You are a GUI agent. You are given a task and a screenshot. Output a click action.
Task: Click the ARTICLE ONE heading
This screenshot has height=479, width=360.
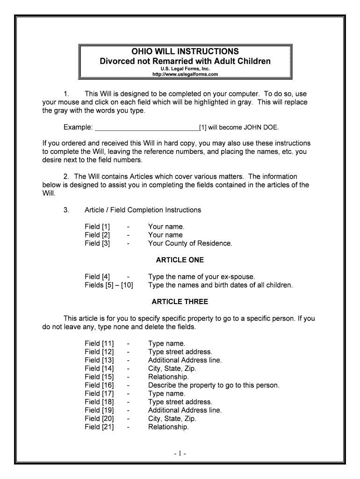pos(180,260)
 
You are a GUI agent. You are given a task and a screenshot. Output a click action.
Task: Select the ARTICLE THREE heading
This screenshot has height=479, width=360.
pos(180,301)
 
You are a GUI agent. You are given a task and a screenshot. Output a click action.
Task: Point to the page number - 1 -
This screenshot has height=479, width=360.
pos(180,454)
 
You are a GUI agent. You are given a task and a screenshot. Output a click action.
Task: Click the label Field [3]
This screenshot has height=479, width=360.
pos(97,243)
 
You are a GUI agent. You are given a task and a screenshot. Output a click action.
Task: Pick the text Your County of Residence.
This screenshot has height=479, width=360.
pos(190,243)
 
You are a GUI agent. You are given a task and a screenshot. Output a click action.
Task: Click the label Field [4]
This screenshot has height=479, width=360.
pos(97,276)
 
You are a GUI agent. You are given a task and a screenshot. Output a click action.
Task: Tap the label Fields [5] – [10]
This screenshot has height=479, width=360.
pos(108,285)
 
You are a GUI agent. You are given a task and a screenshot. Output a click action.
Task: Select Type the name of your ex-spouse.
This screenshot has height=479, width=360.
pos(202,276)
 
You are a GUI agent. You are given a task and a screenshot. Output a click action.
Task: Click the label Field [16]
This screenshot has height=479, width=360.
pos(99,385)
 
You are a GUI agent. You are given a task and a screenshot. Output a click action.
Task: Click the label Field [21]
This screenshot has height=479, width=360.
pos(99,427)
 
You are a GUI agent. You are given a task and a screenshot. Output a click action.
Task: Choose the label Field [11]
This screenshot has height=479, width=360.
pos(99,343)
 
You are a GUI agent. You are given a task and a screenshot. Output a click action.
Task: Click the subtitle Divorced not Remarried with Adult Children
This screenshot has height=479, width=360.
pos(186,61)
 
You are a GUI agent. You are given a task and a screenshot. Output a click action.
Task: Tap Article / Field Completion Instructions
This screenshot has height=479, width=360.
pos(143,210)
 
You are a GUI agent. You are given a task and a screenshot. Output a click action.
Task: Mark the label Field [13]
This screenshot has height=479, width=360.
pos(99,360)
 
